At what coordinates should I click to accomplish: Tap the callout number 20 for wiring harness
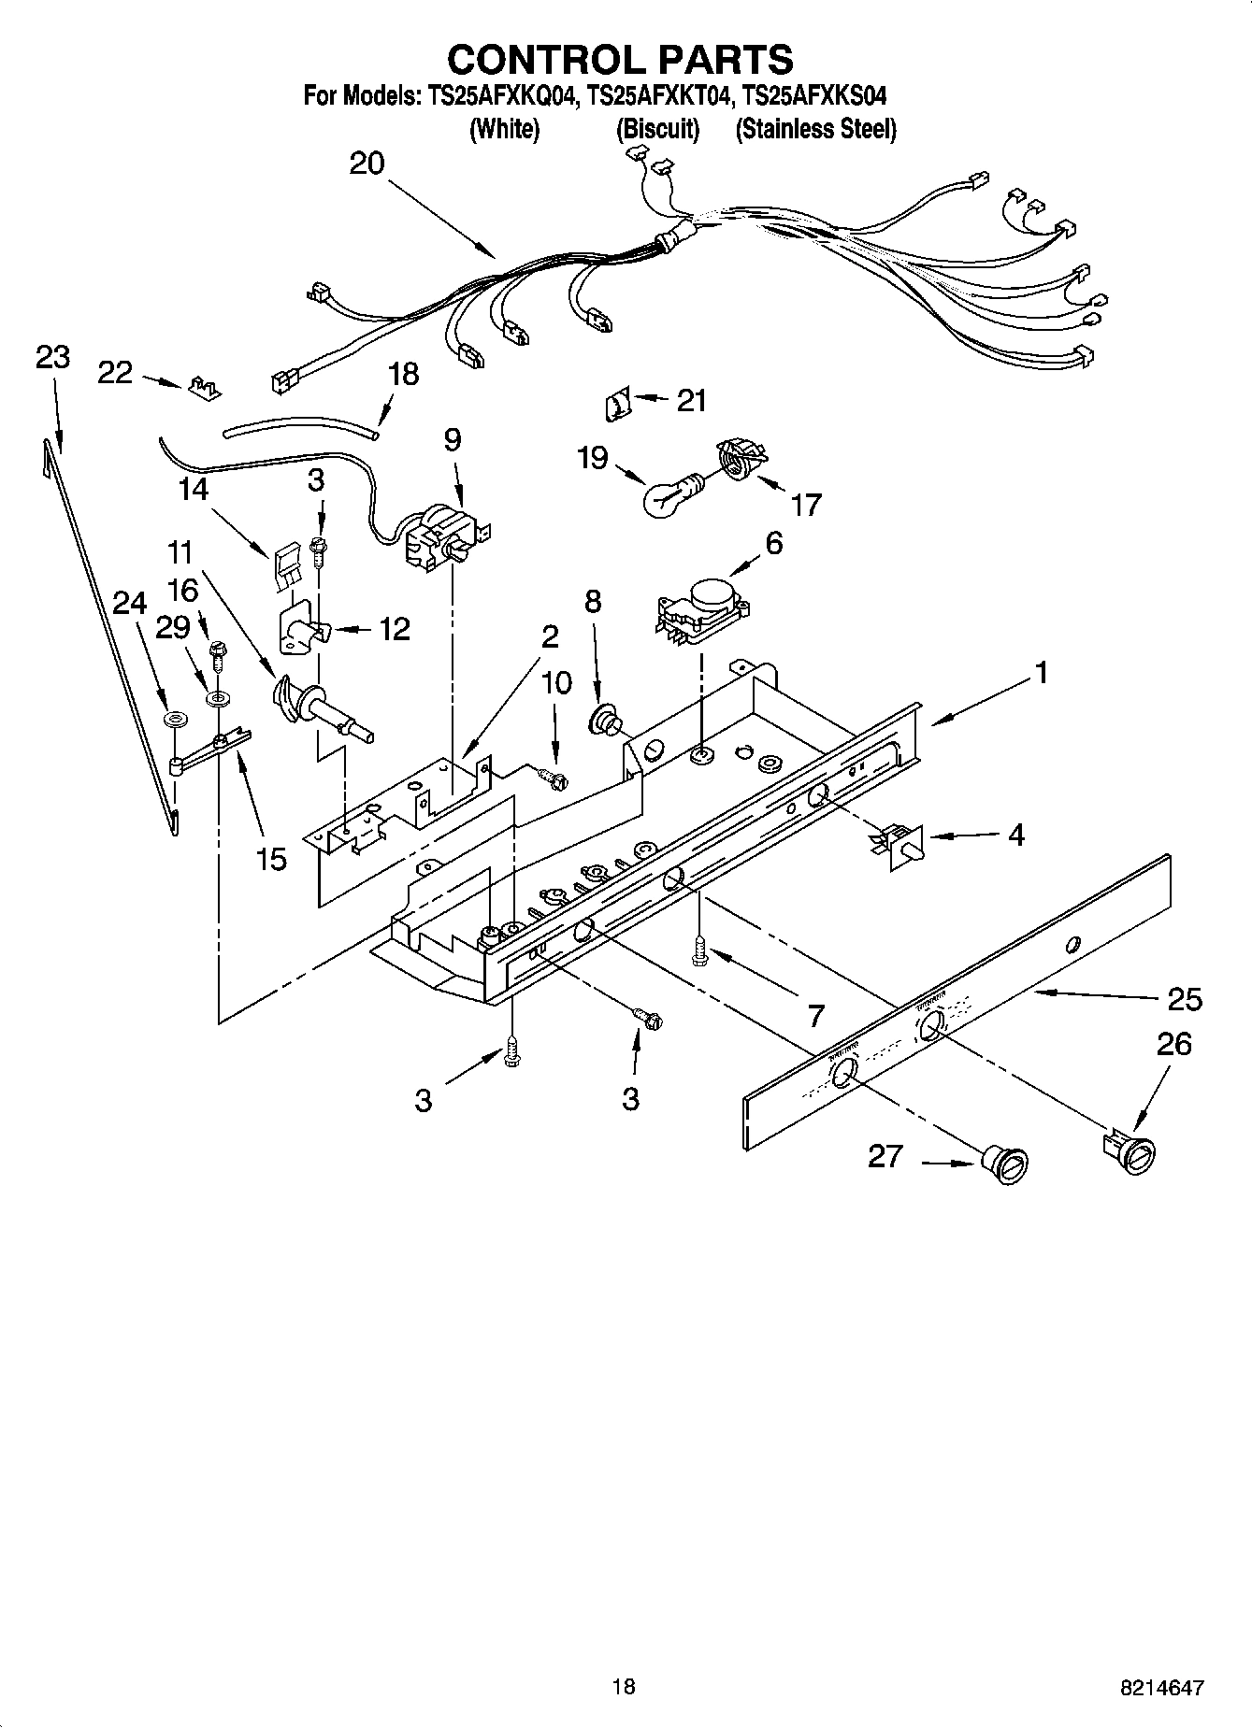coord(367,164)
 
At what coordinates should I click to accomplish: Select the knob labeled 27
coord(1005,1167)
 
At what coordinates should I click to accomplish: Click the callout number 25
coord(1185,999)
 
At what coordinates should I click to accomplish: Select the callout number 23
coord(52,357)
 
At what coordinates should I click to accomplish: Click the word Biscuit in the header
coord(657,129)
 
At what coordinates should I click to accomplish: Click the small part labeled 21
coord(617,406)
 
